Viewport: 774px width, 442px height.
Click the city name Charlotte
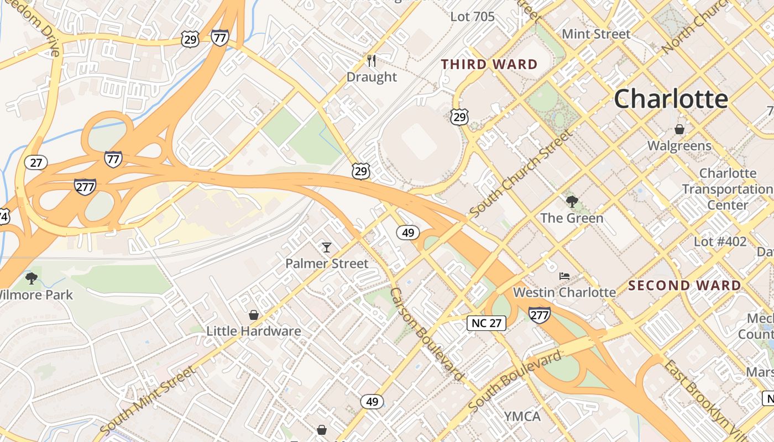[671, 99]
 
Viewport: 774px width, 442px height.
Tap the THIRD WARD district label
[489, 65]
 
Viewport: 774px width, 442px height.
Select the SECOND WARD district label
[684, 286]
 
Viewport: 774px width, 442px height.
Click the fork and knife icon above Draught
[372, 60]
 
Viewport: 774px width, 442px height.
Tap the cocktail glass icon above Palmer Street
[327, 247]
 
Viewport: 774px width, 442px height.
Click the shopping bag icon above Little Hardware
[254, 315]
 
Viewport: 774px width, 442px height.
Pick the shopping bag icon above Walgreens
[679, 129]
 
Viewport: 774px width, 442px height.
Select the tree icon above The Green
[572, 202]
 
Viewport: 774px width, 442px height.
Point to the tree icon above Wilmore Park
[32, 278]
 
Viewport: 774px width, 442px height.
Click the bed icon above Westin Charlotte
[564, 276]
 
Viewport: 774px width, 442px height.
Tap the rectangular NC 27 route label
[487, 323]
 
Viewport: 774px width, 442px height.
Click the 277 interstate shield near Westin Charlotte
[539, 314]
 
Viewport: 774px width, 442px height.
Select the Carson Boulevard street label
[426, 335]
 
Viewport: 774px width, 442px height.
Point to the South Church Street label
[520, 173]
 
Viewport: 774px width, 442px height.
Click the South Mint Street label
[148, 400]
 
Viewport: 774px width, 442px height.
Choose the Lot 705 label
[472, 17]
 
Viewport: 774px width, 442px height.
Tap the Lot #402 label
[720, 241]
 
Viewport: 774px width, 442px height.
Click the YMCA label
[522, 416]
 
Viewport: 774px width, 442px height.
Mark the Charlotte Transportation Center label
[727, 189]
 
